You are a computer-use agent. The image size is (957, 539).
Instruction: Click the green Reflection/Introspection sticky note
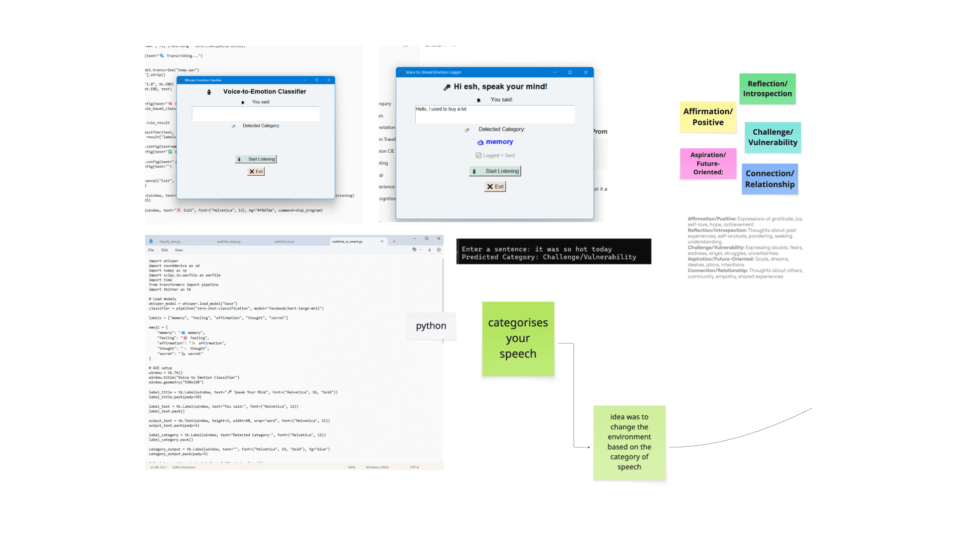pyautogui.click(x=767, y=89)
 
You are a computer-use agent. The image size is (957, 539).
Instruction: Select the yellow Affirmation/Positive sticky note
pyautogui.click(x=708, y=117)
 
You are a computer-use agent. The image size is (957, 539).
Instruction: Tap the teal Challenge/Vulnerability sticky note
pyautogui.click(x=773, y=137)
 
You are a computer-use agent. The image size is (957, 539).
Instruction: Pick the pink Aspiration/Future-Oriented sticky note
pyautogui.click(x=708, y=163)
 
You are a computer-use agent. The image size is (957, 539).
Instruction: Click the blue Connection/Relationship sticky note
pyautogui.click(x=770, y=179)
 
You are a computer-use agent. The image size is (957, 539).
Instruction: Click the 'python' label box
pyautogui.click(x=431, y=326)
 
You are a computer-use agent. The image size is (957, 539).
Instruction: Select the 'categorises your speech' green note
pyautogui.click(x=518, y=338)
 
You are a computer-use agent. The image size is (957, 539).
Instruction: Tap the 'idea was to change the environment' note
pyautogui.click(x=629, y=442)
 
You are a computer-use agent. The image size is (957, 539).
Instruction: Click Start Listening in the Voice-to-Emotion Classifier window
pyautogui.click(x=256, y=159)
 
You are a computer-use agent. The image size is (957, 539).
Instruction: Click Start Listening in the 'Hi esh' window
pyautogui.click(x=495, y=171)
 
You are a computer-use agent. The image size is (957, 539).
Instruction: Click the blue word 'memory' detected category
pyautogui.click(x=499, y=142)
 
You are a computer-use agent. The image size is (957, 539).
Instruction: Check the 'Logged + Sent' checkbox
pyautogui.click(x=478, y=156)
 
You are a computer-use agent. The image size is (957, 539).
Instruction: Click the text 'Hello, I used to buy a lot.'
pyautogui.click(x=442, y=109)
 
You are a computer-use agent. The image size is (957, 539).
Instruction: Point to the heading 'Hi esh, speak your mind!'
pyautogui.click(x=500, y=87)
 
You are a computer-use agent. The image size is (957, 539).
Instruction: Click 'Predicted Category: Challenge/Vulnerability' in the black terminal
pyautogui.click(x=549, y=257)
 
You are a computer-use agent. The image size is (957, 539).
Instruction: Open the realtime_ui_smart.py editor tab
pyautogui.click(x=347, y=242)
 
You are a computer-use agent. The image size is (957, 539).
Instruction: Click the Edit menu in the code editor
pyautogui.click(x=164, y=250)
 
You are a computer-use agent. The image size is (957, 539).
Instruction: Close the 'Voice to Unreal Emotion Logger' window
pyautogui.click(x=586, y=72)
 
